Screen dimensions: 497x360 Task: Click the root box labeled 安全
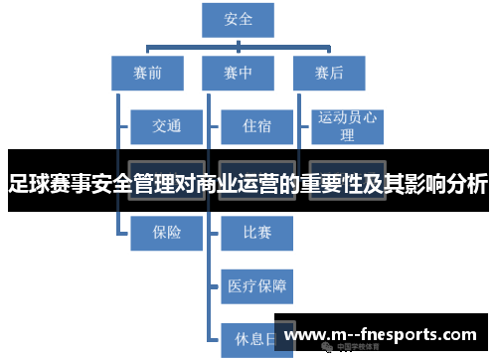[x=240, y=19]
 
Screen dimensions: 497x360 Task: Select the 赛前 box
[x=148, y=71]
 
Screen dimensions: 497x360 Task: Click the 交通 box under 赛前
[x=166, y=126]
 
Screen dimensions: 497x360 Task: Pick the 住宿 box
[x=255, y=126]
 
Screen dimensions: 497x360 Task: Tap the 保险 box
[x=166, y=233]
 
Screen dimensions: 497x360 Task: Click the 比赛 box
[x=255, y=233]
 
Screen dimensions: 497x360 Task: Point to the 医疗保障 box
[x=255, y=287]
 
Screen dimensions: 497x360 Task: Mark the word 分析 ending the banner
[x=467, y=184]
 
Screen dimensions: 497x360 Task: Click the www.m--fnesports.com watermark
[x=394, y=335]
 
